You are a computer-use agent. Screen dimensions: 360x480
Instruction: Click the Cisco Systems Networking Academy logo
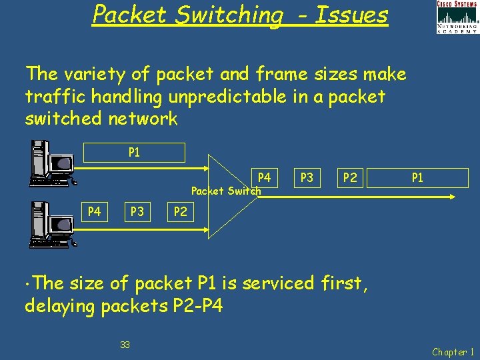pyautogui.click(x=457, y=17)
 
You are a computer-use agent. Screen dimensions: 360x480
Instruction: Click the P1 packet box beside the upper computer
pyautogui.click(x=134, y=153)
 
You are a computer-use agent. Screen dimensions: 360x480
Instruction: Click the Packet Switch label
pyautogui.click(x=225, y=191)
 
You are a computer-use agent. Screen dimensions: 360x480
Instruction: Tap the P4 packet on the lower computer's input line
pyautogui.click(x=95, y=212)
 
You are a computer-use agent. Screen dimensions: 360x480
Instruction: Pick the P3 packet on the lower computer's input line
pyautogui.click(x=137, y=212)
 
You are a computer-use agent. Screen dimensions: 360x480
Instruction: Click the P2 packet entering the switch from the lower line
pyautogui.click(x=180, y=212)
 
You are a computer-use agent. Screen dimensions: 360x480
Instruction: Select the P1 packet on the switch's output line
pyautogui.click(x=417, y=177)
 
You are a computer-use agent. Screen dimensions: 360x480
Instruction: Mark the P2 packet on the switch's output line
pyautogui.click(x=349, y=177)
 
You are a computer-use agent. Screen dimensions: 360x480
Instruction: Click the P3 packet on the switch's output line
pyautogui.click(x=307, y=177)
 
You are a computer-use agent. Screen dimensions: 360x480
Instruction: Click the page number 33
pyautogui.click(x=125, y=345)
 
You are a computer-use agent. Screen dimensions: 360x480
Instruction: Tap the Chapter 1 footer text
pyautogui.click(x=453, y=351)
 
